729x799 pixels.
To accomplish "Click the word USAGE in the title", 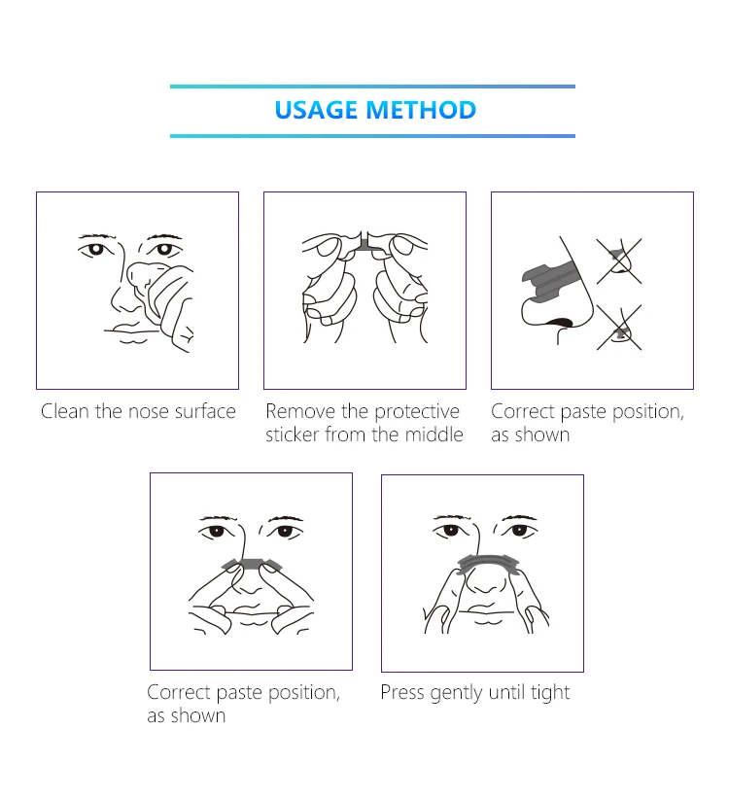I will [317, 110].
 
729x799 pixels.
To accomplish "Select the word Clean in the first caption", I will [65, 411].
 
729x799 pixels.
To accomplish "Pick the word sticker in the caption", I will [293, 434].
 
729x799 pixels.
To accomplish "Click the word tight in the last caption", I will [548, 692].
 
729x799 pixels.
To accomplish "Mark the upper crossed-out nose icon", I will [618, 259].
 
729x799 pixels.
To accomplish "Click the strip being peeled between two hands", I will [365, 243].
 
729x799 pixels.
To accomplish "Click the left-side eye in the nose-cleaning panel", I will [94, 249].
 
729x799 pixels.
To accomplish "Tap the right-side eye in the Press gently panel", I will [519, 531].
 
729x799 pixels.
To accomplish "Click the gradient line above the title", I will [372, 87].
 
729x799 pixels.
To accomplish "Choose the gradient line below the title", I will [372, 136].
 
